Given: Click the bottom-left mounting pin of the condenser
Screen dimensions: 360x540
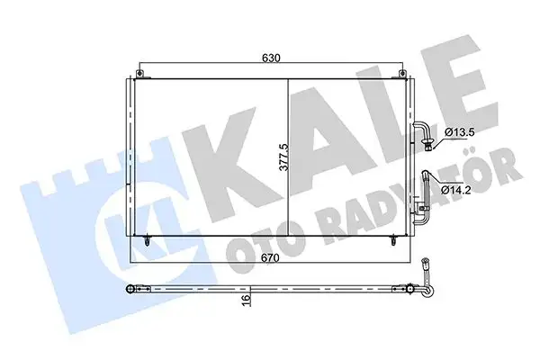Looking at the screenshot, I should (x=146, y=240).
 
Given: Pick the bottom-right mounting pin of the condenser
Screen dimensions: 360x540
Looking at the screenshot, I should (x=393, y=240).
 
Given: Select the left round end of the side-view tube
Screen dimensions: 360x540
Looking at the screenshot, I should (x=131, y=290).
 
